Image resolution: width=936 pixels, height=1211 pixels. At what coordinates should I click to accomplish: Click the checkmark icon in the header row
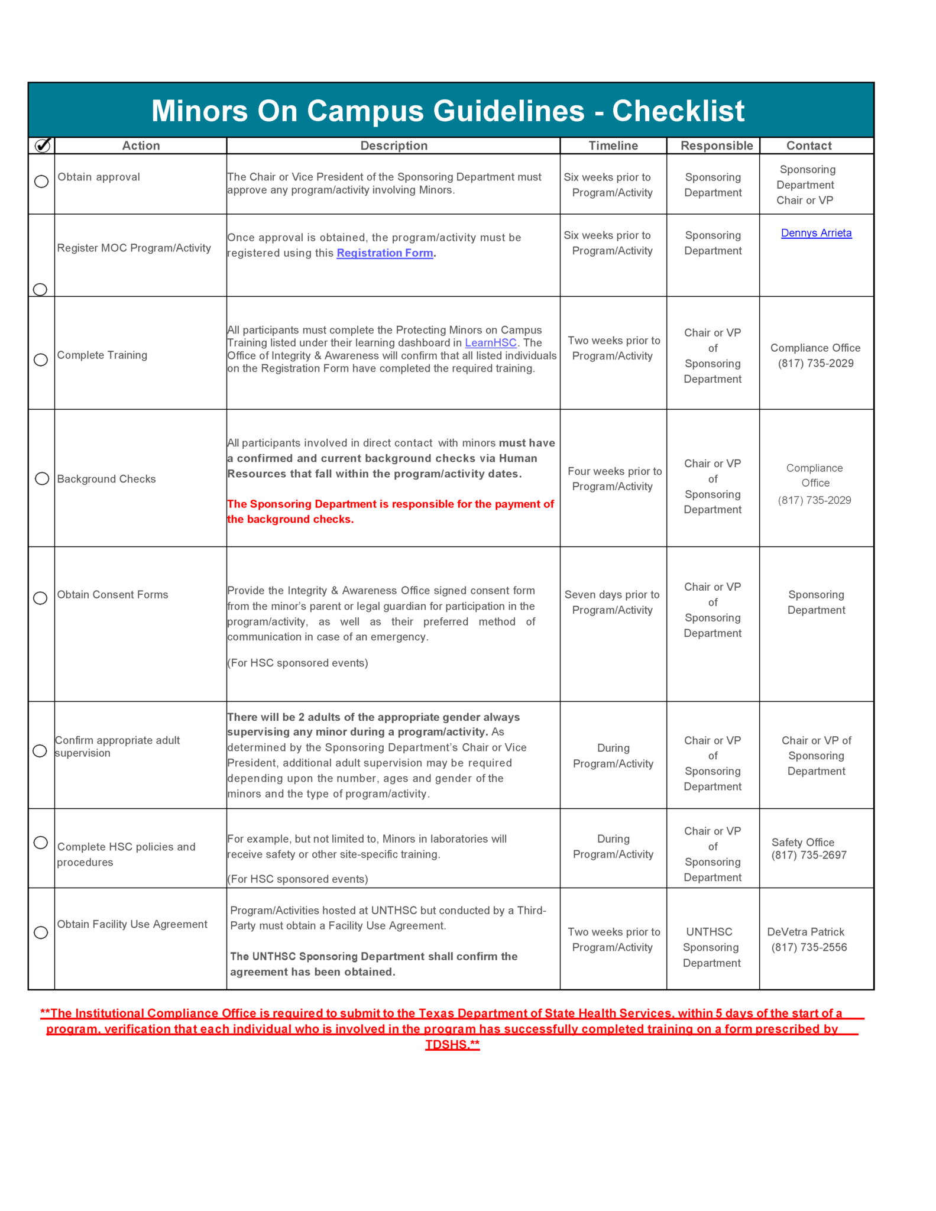[x=43, y=145]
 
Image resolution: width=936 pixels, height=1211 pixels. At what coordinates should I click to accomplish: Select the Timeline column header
[x=613, y=145]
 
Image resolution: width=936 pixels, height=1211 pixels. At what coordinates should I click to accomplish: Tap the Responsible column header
[x=717, y=145]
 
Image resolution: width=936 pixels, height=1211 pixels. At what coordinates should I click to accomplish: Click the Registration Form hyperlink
[x=385, y=253]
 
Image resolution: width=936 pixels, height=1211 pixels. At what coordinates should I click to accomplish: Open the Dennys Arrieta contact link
[x=816, y=233]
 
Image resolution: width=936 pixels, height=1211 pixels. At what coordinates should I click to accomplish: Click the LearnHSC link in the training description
[x=491, y=343]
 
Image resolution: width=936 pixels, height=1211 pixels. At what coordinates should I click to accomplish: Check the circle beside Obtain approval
[x=41, y=182]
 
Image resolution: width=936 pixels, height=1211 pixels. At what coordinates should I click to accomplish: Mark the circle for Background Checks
[x=42, y=478]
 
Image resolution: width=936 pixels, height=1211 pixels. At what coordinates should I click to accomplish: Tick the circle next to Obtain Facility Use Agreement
[x=41, y=932]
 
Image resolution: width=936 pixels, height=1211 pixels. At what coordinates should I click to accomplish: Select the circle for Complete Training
[x=41, y=360]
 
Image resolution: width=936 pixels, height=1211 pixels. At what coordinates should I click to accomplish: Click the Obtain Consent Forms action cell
[x=112, y=595]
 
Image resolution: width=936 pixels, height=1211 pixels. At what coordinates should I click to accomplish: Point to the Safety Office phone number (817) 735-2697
[x=808, y=855]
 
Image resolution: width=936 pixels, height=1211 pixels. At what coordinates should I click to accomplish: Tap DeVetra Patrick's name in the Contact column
[x=805, y=932]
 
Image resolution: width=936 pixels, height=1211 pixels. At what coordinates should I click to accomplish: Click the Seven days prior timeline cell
[x=612, y=602]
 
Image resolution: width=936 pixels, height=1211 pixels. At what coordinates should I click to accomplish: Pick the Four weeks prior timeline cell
[x=614, y=479]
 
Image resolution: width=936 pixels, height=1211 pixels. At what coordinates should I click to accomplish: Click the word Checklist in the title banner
[x=678, y=111]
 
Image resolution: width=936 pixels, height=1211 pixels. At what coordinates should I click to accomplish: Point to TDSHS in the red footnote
[x=452, y=1045]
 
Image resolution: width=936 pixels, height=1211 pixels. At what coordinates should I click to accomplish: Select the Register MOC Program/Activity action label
[x=134, y=248]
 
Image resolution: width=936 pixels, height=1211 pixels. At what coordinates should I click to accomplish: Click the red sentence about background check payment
[x=390, y=511]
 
